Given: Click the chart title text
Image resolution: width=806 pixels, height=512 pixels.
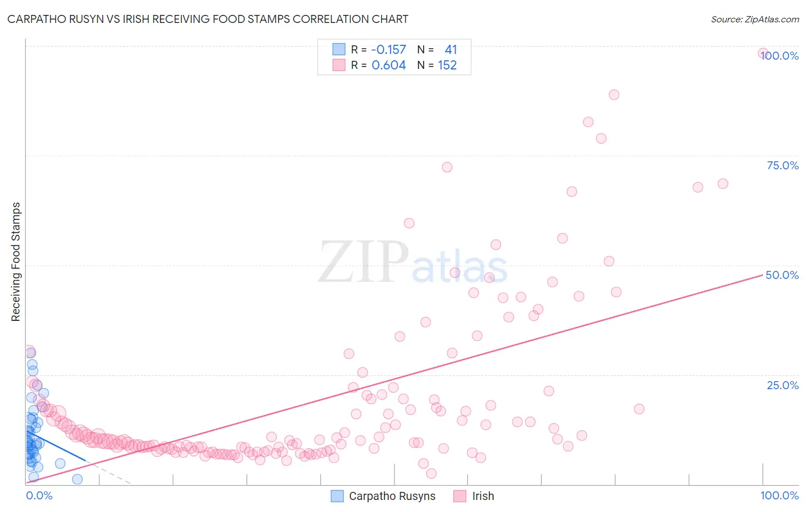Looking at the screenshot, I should (x=208, y=19).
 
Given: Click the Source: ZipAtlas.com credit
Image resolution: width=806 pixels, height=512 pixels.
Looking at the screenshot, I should (x=754, y=19).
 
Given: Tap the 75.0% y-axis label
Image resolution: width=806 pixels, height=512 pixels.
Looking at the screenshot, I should (x=782, y=165).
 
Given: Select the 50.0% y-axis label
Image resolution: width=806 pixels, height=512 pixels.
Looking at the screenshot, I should (x=782, y=275).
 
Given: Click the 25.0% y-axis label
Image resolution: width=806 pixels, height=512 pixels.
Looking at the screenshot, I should (x=782, y=385).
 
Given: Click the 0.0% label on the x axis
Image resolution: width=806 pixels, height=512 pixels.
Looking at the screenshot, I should (x=39, y=495).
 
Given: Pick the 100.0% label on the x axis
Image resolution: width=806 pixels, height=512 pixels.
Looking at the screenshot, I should (x=779, y=495).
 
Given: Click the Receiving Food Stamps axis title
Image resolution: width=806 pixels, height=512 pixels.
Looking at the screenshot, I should (x=16, y=262).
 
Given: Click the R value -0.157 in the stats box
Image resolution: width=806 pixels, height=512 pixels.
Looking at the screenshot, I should (x=389, y=49).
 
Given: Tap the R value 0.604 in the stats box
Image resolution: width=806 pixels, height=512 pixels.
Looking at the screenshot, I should (x=389, y=65).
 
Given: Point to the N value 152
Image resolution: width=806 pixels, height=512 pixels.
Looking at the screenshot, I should (x=447, y=65).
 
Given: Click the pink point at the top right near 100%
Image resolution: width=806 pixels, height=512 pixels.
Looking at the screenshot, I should (x=763, y=53).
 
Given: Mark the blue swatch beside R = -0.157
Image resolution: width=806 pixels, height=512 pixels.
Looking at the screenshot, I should (x=339, y=49).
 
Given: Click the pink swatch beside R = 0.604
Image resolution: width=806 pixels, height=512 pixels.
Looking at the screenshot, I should (x=339, y=65).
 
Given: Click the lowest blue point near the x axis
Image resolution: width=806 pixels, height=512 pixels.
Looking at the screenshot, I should (x=77, y=479).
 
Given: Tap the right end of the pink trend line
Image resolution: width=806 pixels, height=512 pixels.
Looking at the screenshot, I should (x=762, y=275).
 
